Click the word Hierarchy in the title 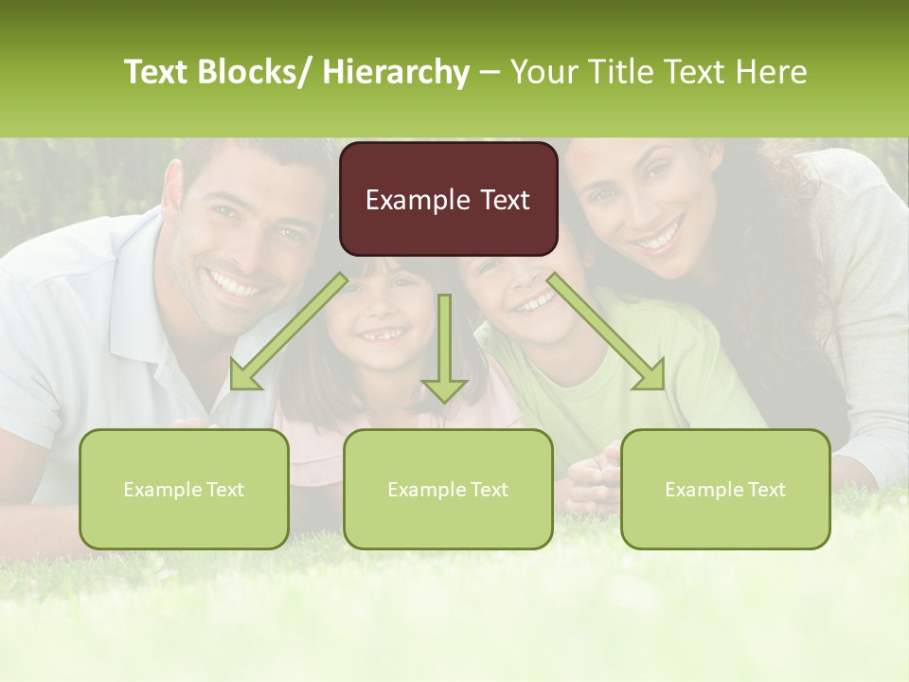click(395, 72)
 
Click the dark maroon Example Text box click(448, 199)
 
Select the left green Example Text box click(184, 489)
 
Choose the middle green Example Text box click(448, 489)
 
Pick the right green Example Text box click(725, 489)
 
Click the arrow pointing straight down click(444, 350)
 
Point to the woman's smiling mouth click(660, 234)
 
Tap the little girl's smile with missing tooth click(382, 334)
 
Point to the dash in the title click(490, 73)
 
